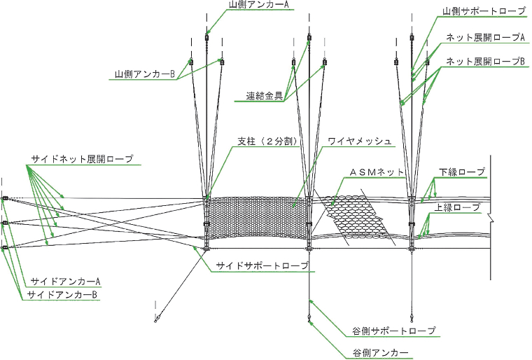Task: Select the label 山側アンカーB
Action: coord(145,74)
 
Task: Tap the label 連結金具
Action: coord(265,96)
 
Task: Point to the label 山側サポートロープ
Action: coord(484,11)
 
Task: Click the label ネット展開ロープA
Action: coord(486,38)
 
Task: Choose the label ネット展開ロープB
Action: coord(486,62)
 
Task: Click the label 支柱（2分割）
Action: coord(267,141)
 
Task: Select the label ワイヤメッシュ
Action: coord(360,141)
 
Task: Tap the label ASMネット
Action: coord(377,172)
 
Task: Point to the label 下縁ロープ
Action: coord(462,172)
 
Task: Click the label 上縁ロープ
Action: coord(457,207)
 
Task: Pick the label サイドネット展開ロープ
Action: coord(82,159)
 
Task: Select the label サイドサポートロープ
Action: coord(262,265)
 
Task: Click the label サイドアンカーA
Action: coord(66,282)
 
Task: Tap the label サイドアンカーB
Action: coord(62,295)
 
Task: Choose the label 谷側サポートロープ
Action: coord(394,331)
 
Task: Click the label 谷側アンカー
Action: coord(380,353)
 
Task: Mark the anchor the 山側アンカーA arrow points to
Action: coord(206,37)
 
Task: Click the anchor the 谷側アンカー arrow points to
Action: coord(309,319)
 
